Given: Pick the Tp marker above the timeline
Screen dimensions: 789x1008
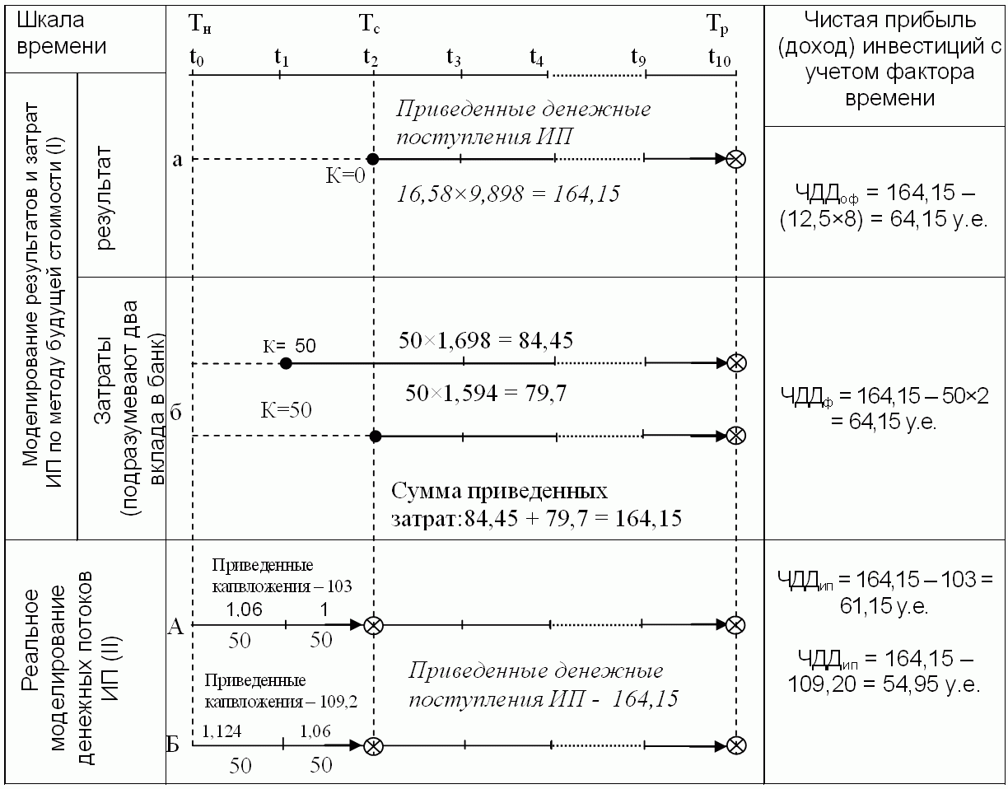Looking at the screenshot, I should coord(718,25).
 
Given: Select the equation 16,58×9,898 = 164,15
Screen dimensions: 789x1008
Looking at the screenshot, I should coord(509,194).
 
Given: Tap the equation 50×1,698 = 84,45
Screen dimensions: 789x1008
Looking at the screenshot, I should coord(486,339).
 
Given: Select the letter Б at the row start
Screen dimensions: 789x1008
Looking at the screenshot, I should coord(174,746).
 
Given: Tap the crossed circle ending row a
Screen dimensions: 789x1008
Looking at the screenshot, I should coord(736,159).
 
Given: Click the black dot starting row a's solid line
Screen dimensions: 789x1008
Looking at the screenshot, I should coord(372,159).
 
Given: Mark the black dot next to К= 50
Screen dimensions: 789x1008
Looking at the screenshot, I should coord(286,363).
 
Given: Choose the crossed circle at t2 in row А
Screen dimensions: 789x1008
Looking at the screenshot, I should coord(373,625).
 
